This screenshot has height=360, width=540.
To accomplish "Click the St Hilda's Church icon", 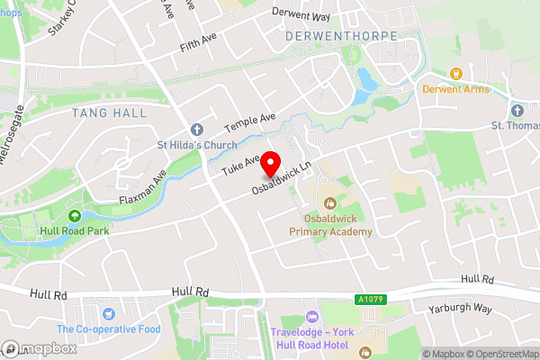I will pos(196,128).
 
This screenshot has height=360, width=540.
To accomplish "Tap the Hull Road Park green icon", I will pos(75,215).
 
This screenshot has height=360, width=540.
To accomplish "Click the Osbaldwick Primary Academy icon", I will pos(330,203).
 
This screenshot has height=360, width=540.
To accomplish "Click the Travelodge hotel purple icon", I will pos(312,316).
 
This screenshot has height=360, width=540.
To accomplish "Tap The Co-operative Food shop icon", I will pos(109,313).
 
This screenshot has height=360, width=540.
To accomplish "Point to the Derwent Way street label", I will pos(301,16).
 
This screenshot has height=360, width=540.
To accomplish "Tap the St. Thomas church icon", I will pos(517,110).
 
